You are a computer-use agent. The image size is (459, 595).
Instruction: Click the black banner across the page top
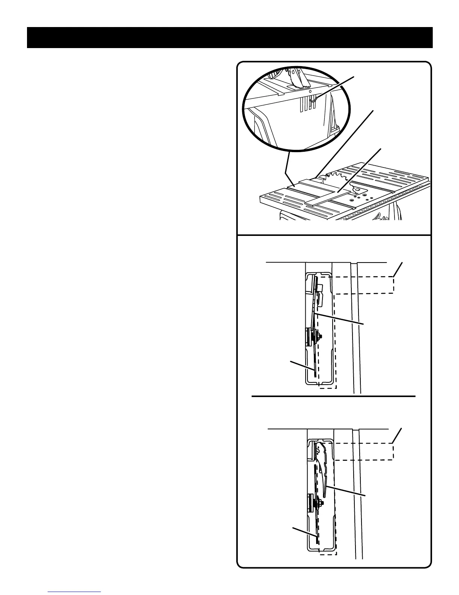point(229,38)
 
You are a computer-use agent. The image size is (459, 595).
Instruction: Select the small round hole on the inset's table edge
point(309,91)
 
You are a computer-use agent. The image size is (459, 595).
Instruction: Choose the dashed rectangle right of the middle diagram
point(364,285)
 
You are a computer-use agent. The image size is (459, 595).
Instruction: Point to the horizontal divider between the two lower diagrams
point(333,396)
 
